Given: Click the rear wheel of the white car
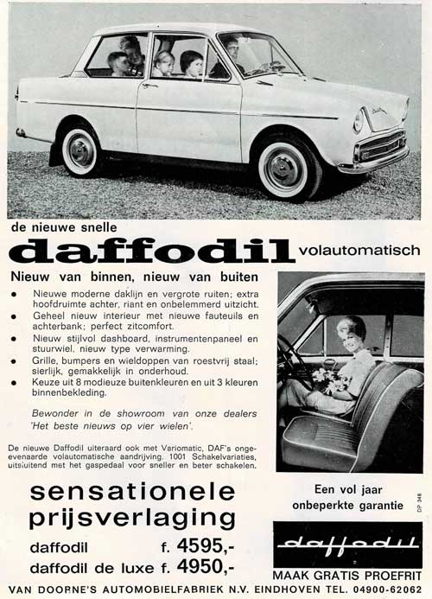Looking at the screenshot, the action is [80, 150].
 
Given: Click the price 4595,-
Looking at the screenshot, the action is [204, 546].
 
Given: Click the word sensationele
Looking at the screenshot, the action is [132, 492].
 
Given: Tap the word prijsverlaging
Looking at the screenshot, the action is [132, 519].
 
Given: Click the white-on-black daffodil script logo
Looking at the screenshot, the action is [347, 543].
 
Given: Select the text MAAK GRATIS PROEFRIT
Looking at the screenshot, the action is [348, 573].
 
